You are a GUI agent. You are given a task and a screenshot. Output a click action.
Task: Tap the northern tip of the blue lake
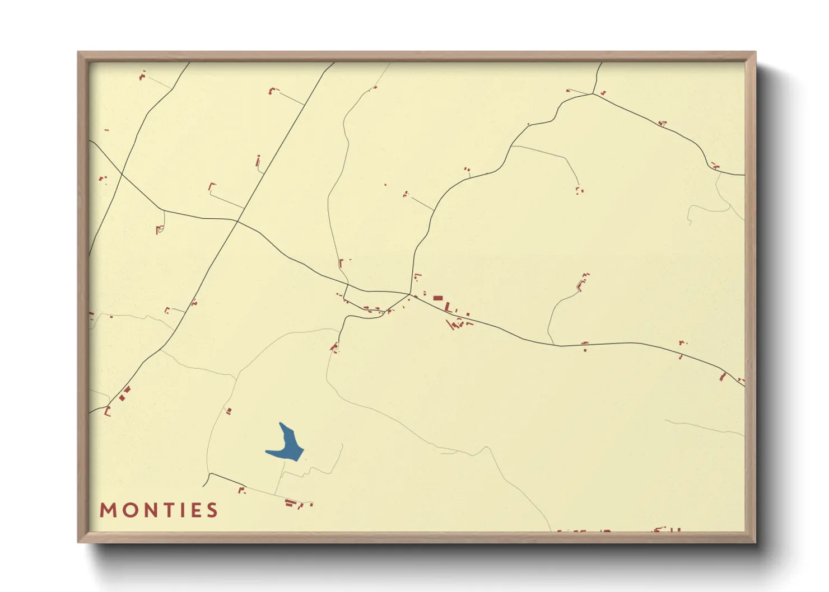pos(281,424)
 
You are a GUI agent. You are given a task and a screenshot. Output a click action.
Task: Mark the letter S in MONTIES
pos(212,510)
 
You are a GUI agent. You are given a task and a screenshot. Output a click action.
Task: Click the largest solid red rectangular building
pos(437,298)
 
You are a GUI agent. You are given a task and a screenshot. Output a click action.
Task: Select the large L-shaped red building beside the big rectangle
pos(448,307)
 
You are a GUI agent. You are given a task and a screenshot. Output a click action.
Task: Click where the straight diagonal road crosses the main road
pos(237,222)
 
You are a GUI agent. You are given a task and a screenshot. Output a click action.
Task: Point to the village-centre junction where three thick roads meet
pos(411,294)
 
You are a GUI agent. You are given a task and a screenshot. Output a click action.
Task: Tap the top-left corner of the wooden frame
pos(78,52)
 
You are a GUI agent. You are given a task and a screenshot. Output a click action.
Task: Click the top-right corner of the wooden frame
pos(756,52)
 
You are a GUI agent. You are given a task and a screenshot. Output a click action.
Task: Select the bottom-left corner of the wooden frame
pos(78,542)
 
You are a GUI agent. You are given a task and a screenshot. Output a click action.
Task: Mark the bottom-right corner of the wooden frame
pos(756,542)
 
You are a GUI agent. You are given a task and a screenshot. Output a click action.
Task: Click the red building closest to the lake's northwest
pos(229,411)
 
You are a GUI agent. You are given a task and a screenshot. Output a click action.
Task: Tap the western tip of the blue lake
pos(267,452)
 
